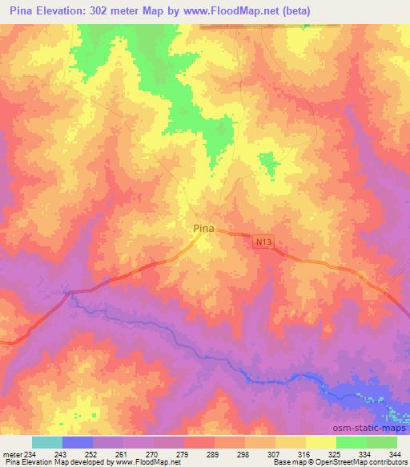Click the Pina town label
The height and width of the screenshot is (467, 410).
tap(204, 229)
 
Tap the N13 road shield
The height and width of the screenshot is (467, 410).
tap(265, 241)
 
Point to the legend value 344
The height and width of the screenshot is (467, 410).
tap(396, 454)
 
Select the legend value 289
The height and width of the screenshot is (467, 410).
tap(213, 454)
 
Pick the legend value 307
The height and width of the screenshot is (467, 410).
tap(274, 454)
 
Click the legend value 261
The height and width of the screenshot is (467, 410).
tap(122, 454)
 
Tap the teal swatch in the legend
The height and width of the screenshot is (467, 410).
tap(47, 442)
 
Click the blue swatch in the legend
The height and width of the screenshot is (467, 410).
tap(78, 442)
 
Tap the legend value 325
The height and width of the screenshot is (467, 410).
tap(335, 454)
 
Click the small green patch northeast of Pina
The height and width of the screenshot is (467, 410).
tap(268, 164)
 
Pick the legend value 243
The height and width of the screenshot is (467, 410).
tap(62, 454)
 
